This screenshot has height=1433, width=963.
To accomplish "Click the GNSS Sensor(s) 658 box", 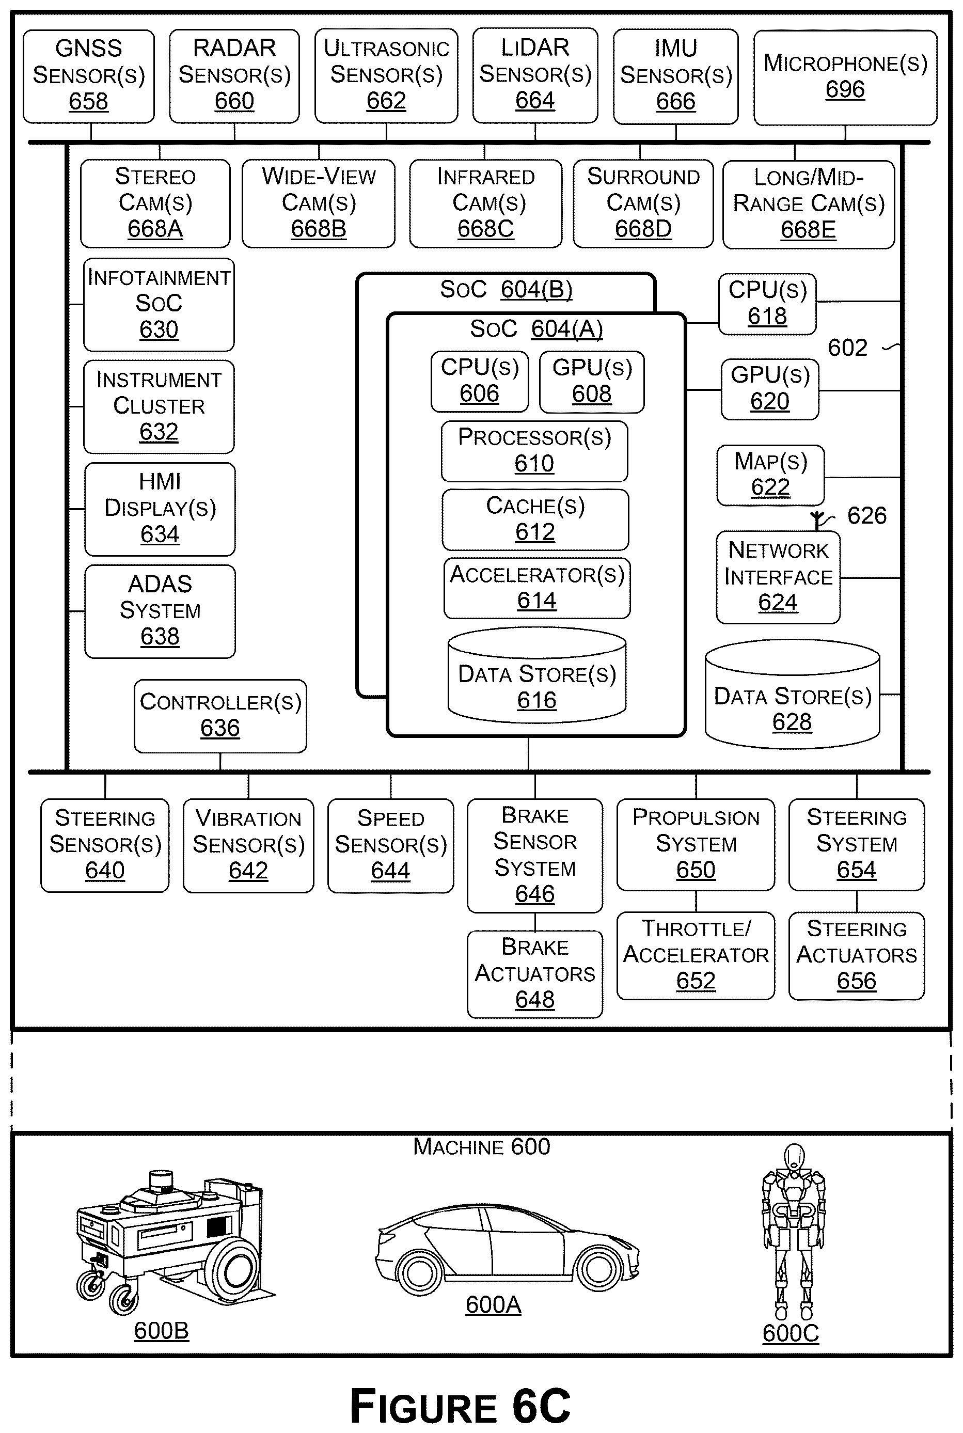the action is [88, 76].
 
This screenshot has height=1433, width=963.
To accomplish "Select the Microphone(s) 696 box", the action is [845, 78].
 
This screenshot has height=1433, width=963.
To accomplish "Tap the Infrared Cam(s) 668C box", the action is [486, 203].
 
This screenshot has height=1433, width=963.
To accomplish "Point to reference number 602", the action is [847, 348].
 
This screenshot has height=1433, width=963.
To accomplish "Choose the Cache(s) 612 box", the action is [535, 519].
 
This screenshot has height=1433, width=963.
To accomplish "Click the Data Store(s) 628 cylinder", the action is [792, 694].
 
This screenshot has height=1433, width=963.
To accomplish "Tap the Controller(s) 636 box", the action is [220, 716].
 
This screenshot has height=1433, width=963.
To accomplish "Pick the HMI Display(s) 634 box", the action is [160, 509].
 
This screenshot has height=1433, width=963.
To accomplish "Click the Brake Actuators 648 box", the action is [535, 974].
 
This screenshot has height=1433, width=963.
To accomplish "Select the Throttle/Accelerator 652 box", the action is [696, 956].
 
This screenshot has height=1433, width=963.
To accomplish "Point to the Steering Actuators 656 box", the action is [857, 956].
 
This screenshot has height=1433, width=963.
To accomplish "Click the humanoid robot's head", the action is [795, 1157].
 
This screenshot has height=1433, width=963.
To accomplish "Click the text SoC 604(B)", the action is [506, 289].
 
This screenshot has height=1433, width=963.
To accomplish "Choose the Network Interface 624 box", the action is [778, 577].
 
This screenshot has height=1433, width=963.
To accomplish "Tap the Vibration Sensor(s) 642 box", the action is [248, 845].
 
